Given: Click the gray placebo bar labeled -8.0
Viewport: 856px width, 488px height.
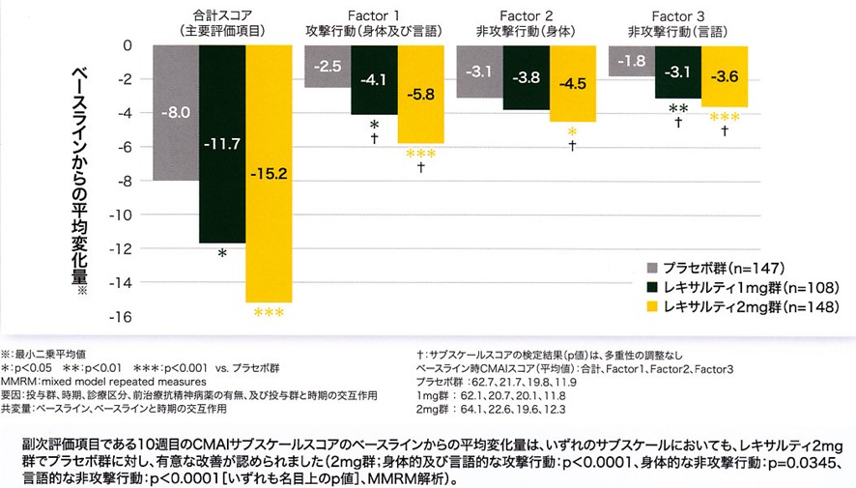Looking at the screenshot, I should [x=176, y=112].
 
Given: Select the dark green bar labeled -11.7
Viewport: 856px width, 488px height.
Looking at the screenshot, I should [x=222, y=144].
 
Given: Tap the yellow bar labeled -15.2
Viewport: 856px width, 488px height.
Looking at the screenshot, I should [x=268, y=174].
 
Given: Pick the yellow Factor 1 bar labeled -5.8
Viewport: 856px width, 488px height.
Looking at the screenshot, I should [x=420, y=95].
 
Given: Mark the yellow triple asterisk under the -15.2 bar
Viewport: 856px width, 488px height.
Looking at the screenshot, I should [x=268, y=313].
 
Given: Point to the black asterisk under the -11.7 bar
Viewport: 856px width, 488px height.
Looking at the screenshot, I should [x=222, y=253].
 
